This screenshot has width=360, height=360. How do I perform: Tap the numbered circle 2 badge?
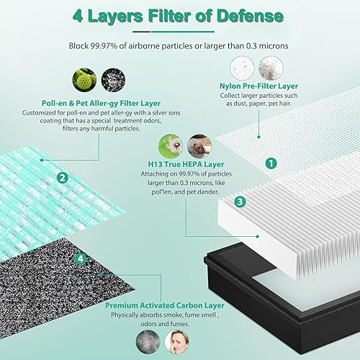63,178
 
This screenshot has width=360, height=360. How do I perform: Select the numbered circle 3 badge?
240,181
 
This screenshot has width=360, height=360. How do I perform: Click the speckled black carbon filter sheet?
43,288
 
